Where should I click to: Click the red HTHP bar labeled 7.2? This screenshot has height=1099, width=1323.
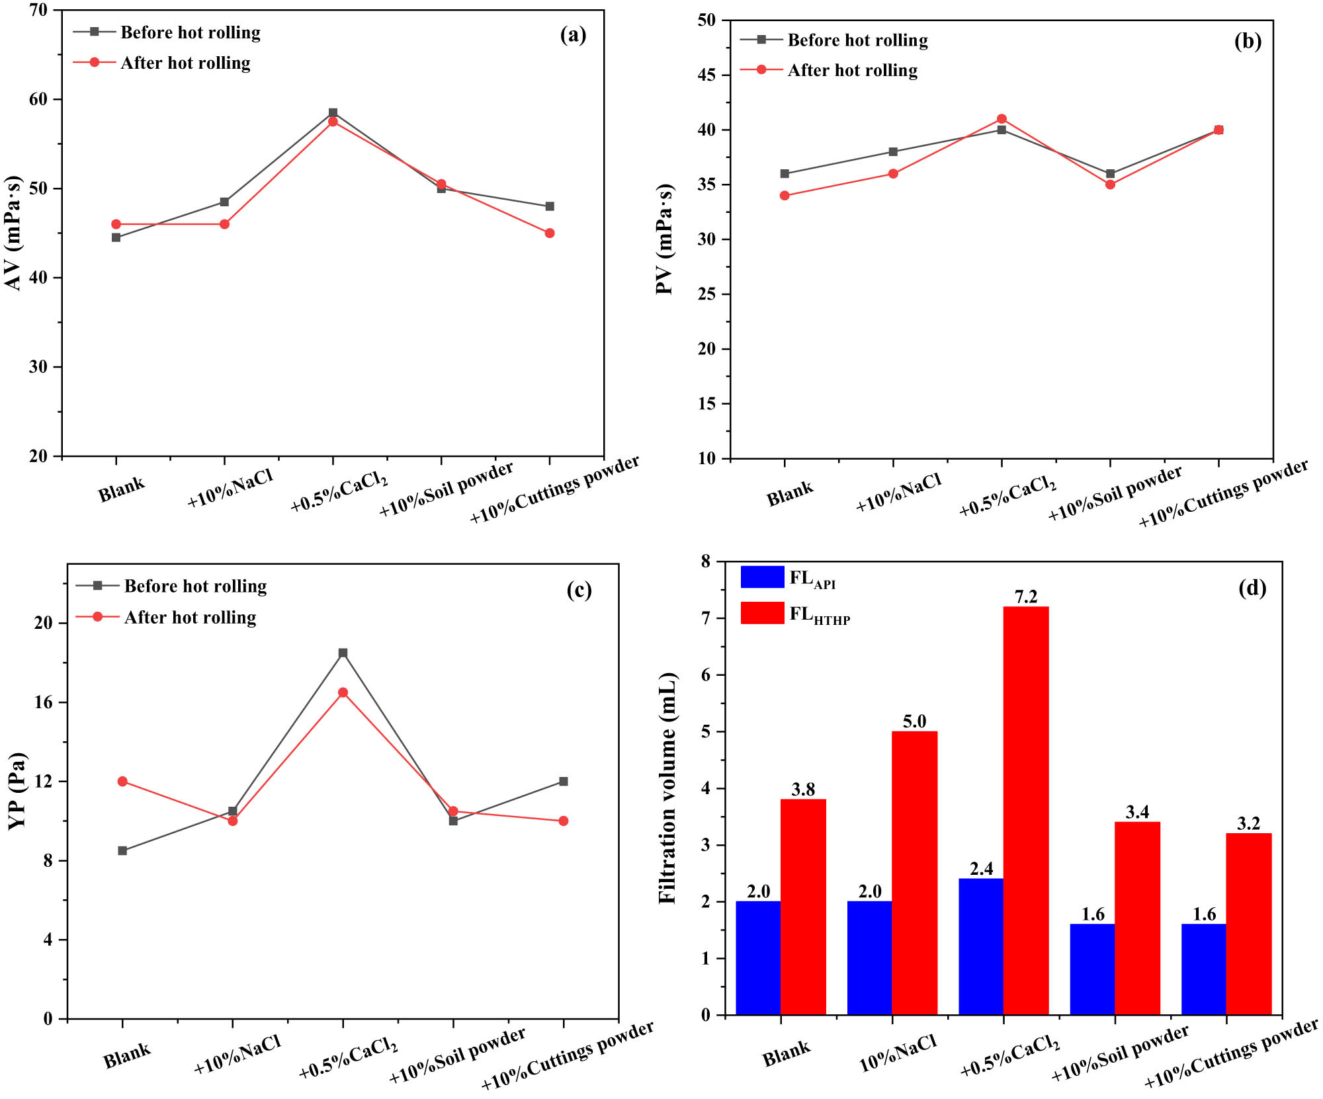1026,810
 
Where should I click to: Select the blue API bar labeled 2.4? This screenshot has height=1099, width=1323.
981,946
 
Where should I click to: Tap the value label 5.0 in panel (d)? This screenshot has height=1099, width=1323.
914,721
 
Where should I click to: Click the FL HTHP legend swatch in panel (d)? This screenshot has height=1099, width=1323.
762,613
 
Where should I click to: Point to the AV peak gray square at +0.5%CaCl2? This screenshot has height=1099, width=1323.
333,112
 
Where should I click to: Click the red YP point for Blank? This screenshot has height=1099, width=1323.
122,782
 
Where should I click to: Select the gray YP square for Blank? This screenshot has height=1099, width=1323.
122,850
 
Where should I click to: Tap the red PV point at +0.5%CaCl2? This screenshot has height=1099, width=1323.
1002,119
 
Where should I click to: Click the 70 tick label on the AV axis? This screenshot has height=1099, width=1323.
38,10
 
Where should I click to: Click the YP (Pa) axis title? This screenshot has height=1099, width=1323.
18,791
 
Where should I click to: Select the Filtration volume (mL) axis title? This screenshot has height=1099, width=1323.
668,788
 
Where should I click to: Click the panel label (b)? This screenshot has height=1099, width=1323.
1248,41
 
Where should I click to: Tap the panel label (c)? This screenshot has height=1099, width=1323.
579,589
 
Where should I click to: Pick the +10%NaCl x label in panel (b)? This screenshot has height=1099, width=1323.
898,493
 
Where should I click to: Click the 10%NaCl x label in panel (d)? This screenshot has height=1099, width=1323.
898,1053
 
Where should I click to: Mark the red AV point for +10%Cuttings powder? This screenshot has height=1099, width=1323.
550,233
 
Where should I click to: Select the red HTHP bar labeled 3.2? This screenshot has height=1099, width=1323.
1249,924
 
